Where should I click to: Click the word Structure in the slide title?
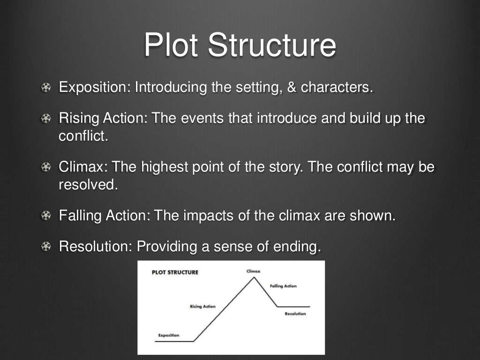click(272, 45)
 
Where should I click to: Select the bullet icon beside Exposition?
click(46, 88)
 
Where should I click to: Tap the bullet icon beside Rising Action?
click(46, 119)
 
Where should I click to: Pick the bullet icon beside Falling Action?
click(46, 216)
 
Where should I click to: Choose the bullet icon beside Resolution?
click(46, 247)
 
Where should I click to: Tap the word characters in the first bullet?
click(337, 88)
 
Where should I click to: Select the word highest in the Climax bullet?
click(165, 167)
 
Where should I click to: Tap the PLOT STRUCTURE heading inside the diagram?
click(175, 272)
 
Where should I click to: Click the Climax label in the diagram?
click(253, 271)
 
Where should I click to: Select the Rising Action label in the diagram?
click(202, 307)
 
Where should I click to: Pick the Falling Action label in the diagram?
click(283, 286)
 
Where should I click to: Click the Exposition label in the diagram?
click(168, 335)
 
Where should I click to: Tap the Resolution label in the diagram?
click(295, 314)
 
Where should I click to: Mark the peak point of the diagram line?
click(254, 277)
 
